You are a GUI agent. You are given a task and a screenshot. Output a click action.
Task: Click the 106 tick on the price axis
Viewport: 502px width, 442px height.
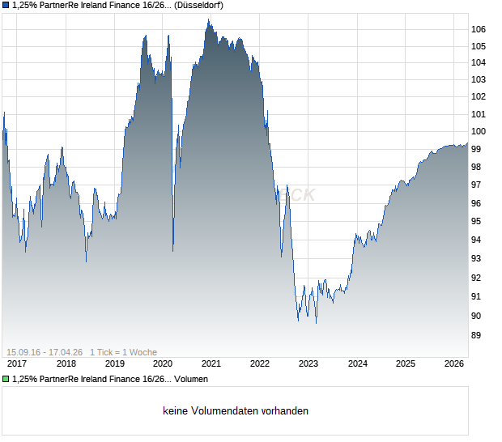click(479, 29)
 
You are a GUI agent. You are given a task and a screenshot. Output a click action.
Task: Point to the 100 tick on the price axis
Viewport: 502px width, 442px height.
click(479, 131)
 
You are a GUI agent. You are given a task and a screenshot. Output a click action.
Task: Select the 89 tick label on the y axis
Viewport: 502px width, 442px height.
click(478, 335)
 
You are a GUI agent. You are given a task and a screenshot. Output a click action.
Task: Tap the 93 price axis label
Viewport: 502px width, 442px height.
click(478, 258)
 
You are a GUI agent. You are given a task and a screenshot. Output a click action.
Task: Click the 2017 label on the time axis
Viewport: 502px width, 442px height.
click(17, 364)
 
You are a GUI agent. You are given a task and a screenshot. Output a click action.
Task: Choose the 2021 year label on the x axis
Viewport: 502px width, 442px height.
click(211, 364)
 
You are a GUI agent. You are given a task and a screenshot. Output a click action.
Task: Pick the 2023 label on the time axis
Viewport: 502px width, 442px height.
click(308, 364)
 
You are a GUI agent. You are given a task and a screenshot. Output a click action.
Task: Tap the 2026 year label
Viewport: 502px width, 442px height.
click(454, 364)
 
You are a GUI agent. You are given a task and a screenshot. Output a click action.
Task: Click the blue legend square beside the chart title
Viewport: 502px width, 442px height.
click(6, 5)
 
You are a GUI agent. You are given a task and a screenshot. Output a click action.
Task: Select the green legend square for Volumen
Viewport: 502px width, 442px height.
click(6, 379)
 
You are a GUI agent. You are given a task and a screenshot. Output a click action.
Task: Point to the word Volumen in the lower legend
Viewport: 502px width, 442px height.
click(190, 379)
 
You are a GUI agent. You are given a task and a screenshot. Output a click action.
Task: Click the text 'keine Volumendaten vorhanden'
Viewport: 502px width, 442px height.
click(236, 411)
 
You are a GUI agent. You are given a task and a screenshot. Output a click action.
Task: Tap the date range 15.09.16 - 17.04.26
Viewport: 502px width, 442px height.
click(44, 352)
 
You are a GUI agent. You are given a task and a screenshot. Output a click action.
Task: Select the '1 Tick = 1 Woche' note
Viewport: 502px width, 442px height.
click(123, 352)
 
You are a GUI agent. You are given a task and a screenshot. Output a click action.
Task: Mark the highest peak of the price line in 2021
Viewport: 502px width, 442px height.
click(208, 19)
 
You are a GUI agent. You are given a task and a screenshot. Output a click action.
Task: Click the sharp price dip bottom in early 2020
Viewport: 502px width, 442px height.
click(173, 250)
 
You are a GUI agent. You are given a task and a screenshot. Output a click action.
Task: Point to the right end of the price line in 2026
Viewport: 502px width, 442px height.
click(468, 143)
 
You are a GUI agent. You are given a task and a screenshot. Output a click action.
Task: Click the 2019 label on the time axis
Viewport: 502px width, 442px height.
click(114, 364)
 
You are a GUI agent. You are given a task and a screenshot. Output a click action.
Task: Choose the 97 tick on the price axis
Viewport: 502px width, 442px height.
click(478, 186)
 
